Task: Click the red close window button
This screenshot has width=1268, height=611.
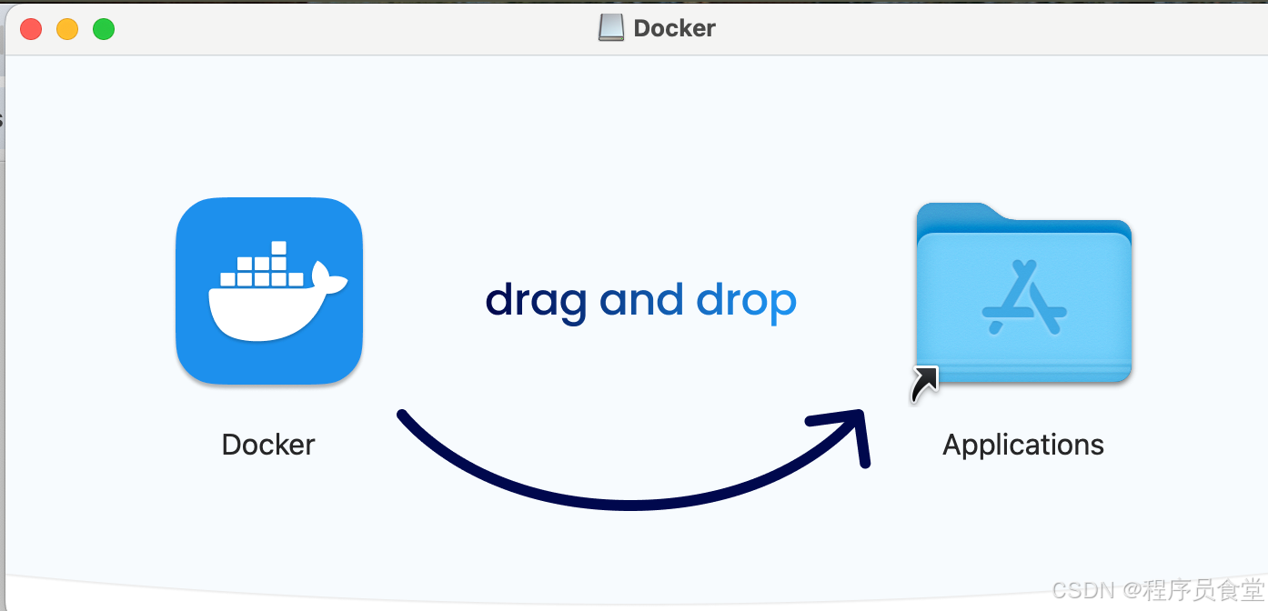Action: click(31, 29)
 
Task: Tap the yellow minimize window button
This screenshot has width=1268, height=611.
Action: click(67, 29)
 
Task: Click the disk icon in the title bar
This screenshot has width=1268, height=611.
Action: click(611, 28)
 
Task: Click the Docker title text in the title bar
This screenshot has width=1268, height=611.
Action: click(674, 28)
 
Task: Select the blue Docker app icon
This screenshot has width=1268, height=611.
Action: click(269, 291)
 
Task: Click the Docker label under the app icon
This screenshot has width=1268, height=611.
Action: click(268, 445)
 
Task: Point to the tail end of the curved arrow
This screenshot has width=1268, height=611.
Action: click(403, 416)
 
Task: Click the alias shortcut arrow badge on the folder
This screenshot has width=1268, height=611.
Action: click(924, 384)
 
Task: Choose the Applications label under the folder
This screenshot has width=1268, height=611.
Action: click(1023, 445)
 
